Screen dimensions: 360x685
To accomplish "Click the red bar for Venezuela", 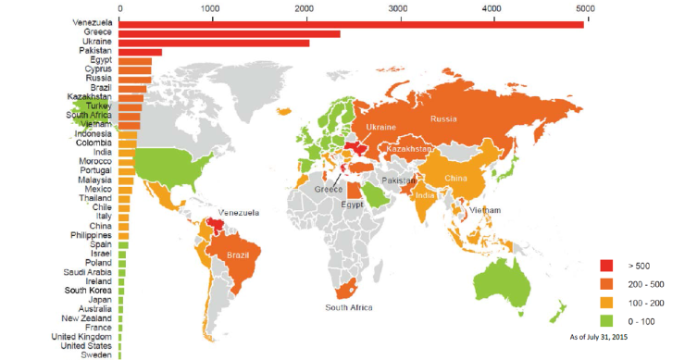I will [352, 23].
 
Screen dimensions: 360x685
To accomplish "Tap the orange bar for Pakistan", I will [140, 53].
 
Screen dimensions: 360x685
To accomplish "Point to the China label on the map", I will [455, 178].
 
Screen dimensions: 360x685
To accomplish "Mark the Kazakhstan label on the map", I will [410, 149].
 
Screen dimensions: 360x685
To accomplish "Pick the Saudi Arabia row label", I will [90, 272].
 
